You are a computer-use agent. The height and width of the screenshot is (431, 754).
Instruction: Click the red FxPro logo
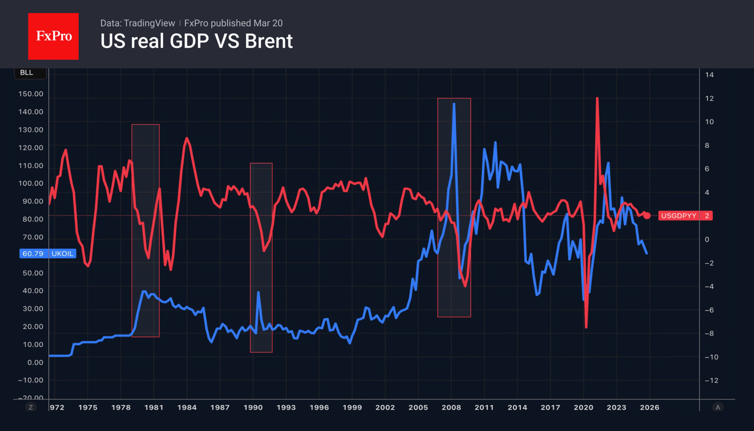coord(53,36)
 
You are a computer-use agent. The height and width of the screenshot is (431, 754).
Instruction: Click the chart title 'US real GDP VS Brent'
coord(196,42)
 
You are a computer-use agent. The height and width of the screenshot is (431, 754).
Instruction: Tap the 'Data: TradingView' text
coord(137,23)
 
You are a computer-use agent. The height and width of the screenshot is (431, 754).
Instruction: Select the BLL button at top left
coord(27,73)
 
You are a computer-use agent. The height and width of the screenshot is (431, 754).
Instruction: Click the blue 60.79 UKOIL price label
coord(48,254)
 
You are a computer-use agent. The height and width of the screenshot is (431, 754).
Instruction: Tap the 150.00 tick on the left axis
coord(31,94)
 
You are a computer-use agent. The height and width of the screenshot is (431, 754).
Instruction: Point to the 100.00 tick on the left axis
coord(31,184)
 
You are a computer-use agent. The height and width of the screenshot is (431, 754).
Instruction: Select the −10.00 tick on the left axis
coord(31,380)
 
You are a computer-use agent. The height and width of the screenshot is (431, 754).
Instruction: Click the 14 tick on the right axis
coord(709,75)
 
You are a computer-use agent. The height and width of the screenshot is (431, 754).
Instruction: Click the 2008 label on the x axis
coord(451,407)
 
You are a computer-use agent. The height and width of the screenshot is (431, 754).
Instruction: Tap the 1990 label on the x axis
coord(253,407)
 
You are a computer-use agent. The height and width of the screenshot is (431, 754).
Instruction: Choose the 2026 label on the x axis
coord(649,407)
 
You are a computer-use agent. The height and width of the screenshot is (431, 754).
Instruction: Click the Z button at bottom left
coord(31,407)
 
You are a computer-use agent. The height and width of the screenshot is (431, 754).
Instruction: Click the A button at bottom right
coord(717,407)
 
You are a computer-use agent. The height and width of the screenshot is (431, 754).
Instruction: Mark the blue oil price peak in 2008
coord(454,104)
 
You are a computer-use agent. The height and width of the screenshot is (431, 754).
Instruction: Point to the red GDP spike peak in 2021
coord(597,98)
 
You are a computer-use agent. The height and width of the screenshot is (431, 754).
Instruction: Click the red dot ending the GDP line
coord(647,215)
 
